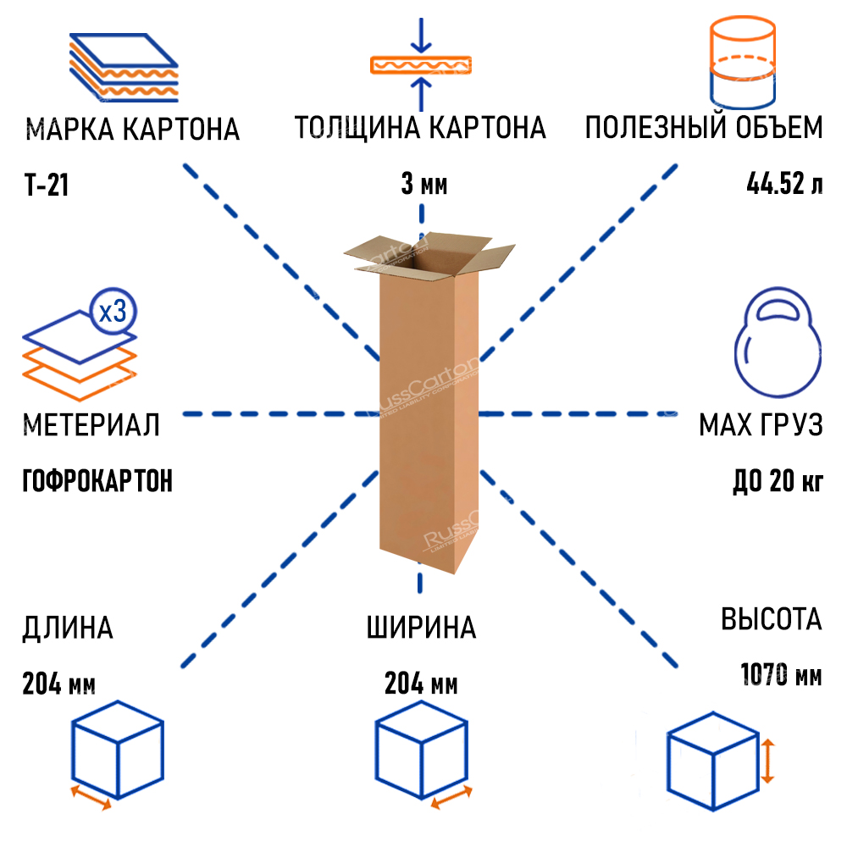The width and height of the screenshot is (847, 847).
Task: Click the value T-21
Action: click(47, 185)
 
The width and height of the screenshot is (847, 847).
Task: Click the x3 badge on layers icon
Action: click(113, 313)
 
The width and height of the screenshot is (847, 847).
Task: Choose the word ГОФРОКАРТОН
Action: click(97, 481)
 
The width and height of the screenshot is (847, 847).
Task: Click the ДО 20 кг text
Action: click(778, 481)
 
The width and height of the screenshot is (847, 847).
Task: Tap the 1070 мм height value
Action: click(781, 675)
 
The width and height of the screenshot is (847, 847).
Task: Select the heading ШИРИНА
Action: click(421, 628)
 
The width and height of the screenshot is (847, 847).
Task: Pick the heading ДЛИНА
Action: click(68, 628)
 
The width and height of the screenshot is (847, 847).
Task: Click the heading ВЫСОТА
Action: click(771, 619)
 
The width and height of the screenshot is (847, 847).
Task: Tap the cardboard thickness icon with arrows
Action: click(420, 64)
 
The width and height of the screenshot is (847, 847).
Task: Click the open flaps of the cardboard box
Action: click(429, 252)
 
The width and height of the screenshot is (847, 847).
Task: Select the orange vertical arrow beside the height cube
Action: click(767, 761)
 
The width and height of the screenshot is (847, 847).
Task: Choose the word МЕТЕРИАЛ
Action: click(91, 424)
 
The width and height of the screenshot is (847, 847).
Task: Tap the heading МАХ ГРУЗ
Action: click(761, 424)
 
